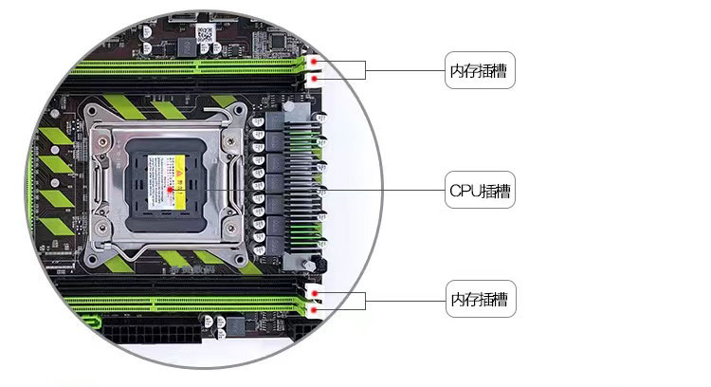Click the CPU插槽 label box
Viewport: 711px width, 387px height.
tap(481, 191)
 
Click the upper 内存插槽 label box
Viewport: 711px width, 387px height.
tap(481, 70)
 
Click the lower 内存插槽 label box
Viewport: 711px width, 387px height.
tap(481, 301)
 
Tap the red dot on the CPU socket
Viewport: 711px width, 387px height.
tap(171, 191)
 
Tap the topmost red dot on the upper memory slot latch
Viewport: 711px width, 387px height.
tap(315, 59)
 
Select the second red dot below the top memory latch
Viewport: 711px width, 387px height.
tap(315, 79)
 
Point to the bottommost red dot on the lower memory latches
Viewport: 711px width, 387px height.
tap(315, 311)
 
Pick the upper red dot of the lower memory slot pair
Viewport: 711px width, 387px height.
tap(315, 293)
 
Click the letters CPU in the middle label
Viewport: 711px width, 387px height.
tap(464, 191)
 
